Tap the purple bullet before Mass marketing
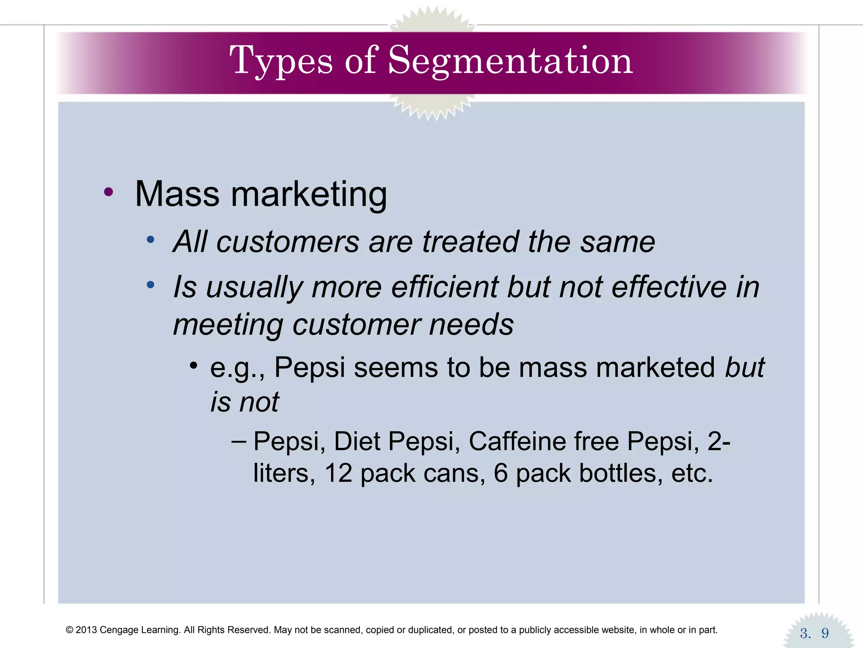click(108, 192)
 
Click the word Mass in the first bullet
click(177, 194)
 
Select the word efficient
click(445, 287)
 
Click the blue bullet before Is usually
click(150, 285)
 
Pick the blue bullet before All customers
click(150, 240)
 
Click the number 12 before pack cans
click(338, 473)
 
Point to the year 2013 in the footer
click(86, 630)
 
